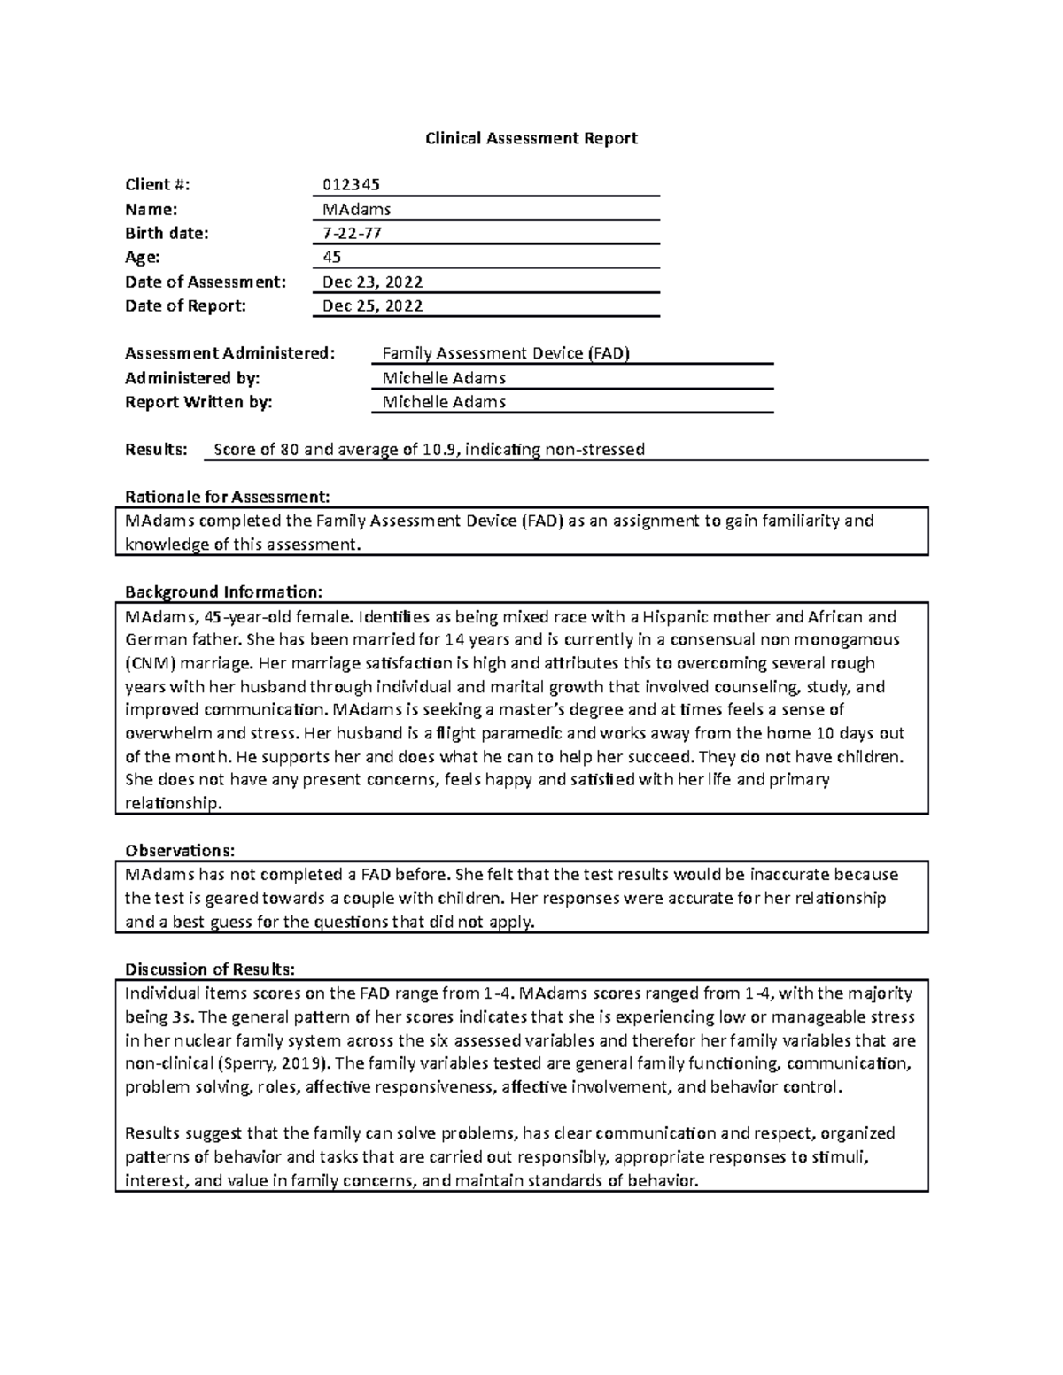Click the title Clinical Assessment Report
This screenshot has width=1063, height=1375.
(531, 138)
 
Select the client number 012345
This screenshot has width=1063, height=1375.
(351, 184)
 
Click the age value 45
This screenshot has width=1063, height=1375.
(331, 257)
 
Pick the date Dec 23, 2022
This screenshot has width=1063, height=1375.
(372, 282)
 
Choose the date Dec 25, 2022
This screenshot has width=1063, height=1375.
(372, 305)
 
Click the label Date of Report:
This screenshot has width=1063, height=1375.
(185, 305)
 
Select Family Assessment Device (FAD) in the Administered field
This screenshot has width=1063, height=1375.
(505, 353)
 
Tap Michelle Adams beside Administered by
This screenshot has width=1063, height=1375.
(443, 378)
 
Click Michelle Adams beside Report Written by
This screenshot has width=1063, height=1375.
(443, 402)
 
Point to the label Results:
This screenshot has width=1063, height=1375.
(157, 449)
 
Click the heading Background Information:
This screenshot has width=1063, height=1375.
(224, 591)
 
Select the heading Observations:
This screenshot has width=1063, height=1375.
(180, 851)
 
